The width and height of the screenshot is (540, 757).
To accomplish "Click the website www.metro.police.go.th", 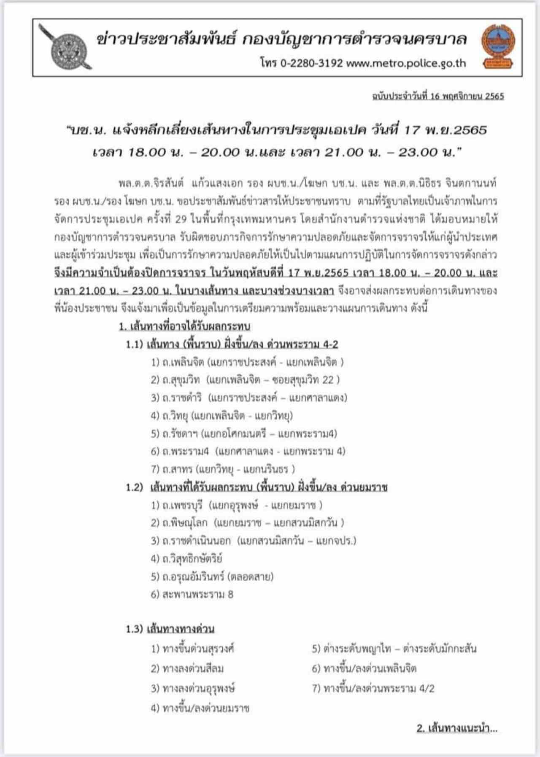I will [406, 63].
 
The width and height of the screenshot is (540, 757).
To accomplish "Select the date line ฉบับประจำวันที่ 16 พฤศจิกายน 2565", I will [437, 96].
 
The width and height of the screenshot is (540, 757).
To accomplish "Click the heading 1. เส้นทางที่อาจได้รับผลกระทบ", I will [184, 326].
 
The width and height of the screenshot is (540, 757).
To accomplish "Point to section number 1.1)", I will [135, 345].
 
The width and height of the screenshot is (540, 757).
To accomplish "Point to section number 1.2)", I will [135, 488].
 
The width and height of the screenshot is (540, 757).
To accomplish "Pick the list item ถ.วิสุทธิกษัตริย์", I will [186, 559].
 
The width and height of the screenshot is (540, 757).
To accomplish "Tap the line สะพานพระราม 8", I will [192, 595].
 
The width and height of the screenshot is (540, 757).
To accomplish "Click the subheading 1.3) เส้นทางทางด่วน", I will [170, 629].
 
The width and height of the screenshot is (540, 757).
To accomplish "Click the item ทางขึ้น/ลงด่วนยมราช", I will [200, 708].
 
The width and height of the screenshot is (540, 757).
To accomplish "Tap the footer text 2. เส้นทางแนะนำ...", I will [457, 728].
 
